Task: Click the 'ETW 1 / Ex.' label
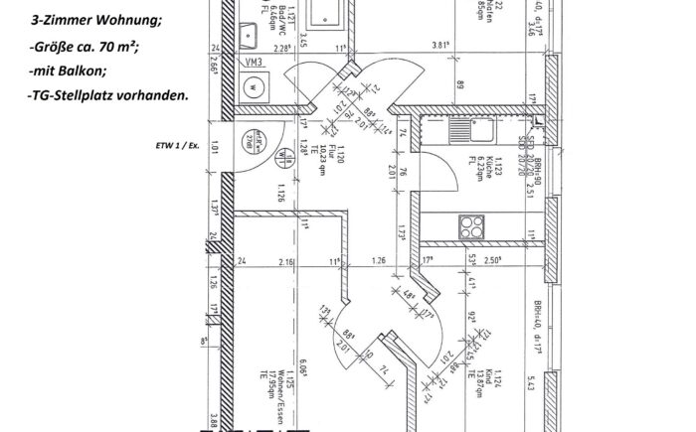click(x=178, y=143)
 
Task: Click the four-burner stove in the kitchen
click(x=470, y=226)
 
